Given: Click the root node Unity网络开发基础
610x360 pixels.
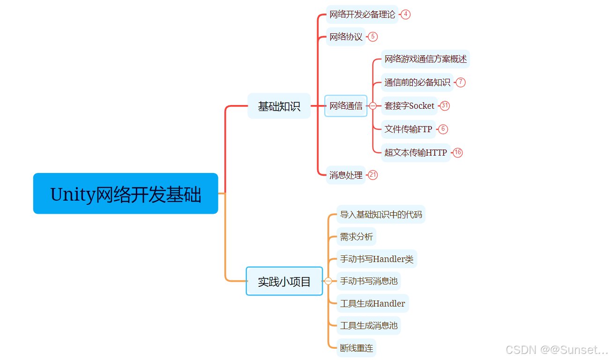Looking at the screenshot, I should [x=126, y=194].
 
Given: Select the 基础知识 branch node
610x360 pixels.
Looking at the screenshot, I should [x=279, y=106].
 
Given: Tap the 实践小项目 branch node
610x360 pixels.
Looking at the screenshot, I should [x=284, y=281].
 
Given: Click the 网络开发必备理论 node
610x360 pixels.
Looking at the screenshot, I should [x=362, y=15].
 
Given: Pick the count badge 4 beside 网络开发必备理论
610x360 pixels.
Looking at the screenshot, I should [x=406, y=15].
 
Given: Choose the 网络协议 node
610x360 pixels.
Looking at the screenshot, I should [x=346, y=37].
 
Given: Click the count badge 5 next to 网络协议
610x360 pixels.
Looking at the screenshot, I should [x=373, y=37].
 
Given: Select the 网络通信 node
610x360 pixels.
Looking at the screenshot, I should [x=346, y=106].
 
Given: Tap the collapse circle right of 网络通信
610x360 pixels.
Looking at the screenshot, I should [x=373, y=106].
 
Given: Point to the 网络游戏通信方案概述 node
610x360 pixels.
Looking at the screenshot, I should [x=425, y=59].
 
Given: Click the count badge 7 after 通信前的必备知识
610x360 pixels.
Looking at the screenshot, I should [x=461, y=82].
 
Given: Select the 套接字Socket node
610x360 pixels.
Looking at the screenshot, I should [x=409, y=106].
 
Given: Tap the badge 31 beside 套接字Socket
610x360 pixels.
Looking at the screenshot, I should [x=445, y=106].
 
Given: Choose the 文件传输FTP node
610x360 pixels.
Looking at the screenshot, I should [x=408, y=129].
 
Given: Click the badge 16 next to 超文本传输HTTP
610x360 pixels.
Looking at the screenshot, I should [x=458, y=152].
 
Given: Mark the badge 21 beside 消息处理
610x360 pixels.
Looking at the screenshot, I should [x=373, y=175].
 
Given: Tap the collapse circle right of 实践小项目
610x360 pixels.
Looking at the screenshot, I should [x=328, y=281].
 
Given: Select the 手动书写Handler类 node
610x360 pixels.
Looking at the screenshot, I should [x=377, y=259].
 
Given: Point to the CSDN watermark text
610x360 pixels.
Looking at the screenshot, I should [x=557, y=350].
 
